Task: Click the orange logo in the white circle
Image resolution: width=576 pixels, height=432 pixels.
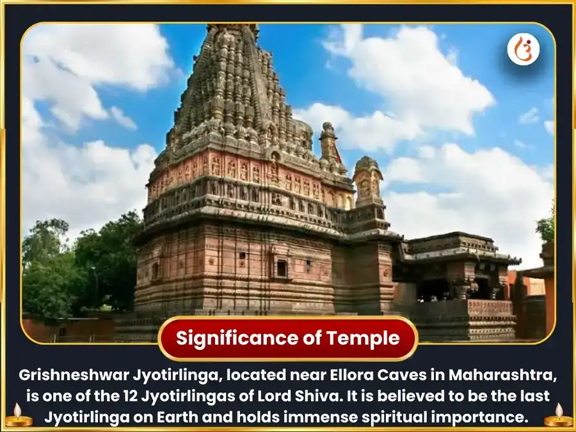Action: pos(523,50)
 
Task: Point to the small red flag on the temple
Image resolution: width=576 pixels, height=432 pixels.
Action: pos(338,154)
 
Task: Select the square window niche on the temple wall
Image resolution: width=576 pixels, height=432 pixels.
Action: pos(282,268)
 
